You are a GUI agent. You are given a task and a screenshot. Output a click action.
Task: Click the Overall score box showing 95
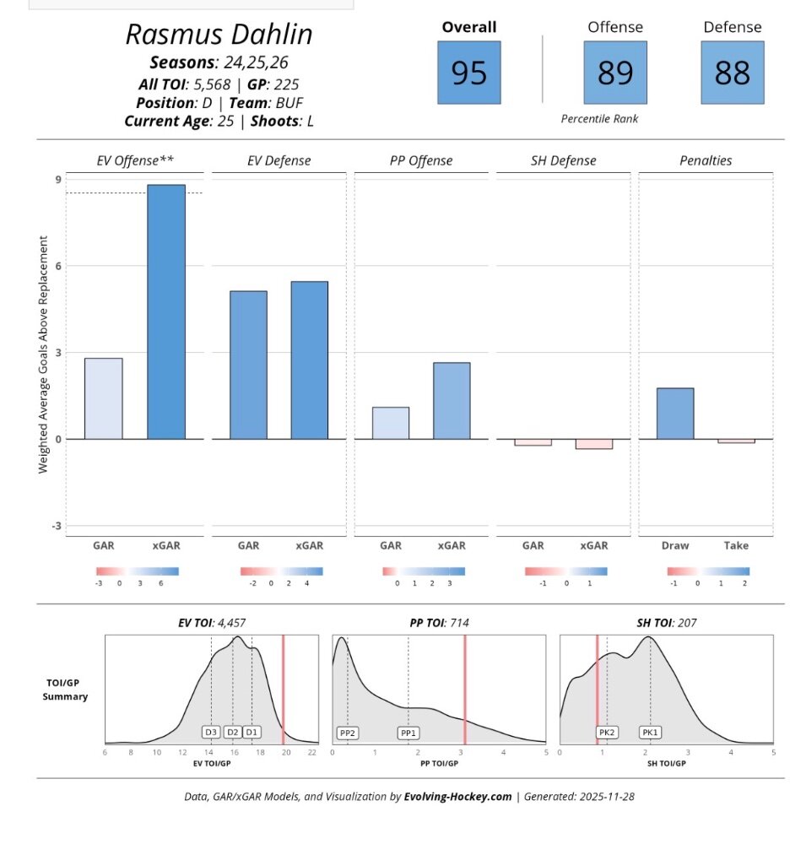(x=468, y=73)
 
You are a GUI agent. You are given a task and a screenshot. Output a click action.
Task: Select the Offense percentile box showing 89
(x=615, y=73)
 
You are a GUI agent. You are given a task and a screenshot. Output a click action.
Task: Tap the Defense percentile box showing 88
(x=732, y=73)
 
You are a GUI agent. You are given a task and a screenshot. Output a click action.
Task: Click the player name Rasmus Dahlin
(x=219, y=35)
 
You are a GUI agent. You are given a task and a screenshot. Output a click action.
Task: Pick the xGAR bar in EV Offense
(x=166, y=311)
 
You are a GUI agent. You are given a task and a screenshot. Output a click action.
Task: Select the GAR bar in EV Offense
(x=103, y=398)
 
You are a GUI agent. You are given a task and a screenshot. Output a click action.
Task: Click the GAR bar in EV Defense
(x=248, y=365)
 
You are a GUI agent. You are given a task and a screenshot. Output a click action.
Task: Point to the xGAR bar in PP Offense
(x=452, y=400)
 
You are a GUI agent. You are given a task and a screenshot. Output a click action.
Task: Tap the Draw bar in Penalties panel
(x=675, y=413)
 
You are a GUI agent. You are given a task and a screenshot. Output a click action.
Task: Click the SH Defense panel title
(x=562, y=160)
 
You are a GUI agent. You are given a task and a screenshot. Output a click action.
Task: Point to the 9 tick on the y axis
(x=58, y=179)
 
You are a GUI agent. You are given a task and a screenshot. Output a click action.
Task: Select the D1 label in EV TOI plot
(x=252, y=732)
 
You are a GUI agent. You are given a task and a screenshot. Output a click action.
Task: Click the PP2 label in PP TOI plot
(x=347, y=733)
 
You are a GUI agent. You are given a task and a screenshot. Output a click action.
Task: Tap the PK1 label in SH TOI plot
(x=650, y=733)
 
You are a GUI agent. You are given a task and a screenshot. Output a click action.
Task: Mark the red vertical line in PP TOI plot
(x=464, y=688)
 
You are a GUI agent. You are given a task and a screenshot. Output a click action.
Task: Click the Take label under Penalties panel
(x=736, y=546)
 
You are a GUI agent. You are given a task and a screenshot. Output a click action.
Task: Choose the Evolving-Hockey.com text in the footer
(x=457, y=796)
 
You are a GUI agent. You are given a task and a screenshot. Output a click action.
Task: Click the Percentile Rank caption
(x=599, y=119)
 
